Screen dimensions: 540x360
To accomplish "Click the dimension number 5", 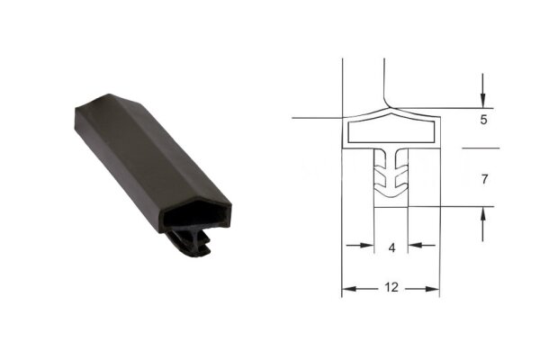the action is click(483, 120).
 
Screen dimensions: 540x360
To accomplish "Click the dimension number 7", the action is click(484, 179).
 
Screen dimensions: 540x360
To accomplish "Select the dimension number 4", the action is click(391, 247).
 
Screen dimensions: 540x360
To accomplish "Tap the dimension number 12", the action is click(391, 287).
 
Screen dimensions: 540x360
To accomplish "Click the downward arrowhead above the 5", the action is click(482, 101).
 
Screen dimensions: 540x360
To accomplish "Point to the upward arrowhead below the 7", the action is click(482, 214).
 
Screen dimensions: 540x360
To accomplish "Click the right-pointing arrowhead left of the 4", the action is click(367, 246).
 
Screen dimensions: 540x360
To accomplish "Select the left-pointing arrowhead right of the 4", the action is click(415, 246).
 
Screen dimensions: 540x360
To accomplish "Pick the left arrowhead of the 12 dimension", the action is click(349, 289).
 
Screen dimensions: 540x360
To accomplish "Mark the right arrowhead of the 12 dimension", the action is click(432, 289).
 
